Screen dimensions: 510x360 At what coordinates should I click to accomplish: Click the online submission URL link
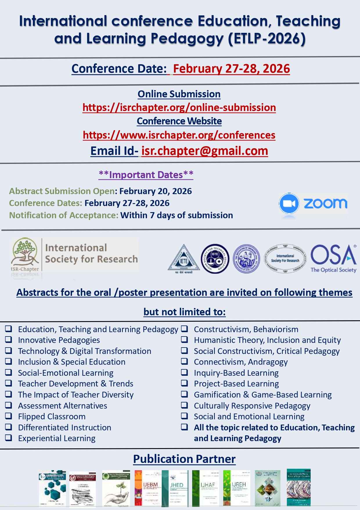pyautogui.click(x=179, y=108)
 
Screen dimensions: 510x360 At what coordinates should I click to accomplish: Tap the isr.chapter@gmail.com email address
pyautogui.click(x=205, y=151)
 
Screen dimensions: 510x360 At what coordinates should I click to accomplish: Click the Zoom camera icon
pyautogui.click(x=289, y=203)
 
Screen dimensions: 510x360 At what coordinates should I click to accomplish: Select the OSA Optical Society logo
pyautogui.click(x=334, y=258)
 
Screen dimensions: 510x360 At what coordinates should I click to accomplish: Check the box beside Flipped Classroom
pyautogui.click(x=9, y=416)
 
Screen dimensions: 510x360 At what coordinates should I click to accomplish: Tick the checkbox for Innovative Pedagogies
pyautogui.click(x=9, y=340)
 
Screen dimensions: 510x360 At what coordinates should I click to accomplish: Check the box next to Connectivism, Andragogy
pyautogui.click(x=185, y=362)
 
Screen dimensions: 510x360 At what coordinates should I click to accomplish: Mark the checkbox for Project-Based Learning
pyautogui.click(x=185, y=383)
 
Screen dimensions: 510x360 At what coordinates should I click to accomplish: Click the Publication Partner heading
pyautogui.click(x=184, y=459)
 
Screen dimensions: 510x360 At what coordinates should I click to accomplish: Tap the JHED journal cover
pyautogui.click(x=177, y=488)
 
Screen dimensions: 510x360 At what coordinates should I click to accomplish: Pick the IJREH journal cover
pyautogui.click(x=237, y=488)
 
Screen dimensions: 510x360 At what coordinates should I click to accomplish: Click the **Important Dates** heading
pyautogui.click(x=146, y=175)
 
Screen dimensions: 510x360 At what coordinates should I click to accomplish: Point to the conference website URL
pyautogui.click(x=179, y=135)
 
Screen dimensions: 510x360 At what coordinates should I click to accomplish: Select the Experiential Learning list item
pyautogui.click(x=57, y=438)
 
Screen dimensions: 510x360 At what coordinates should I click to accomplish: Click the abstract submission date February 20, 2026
pyautogui.click(x=156, y=191)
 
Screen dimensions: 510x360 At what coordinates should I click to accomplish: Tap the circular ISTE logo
pyautogui.click(x=215, y=258)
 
